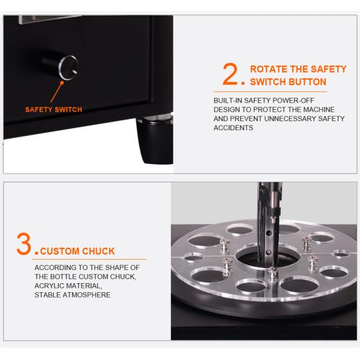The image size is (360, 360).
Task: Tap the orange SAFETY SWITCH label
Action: click(x=53, y=110)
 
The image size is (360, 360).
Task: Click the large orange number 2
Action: click(x=230, y=74)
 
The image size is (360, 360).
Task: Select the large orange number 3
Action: click(x=23, y=244)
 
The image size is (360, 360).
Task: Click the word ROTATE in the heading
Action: click(x=269, y=69)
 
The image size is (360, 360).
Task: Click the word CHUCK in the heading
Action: click(x=98, y=251)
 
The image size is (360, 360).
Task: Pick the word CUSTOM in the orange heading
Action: click(x=60, y=251)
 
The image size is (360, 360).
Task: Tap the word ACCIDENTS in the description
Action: click(x=233, y=128)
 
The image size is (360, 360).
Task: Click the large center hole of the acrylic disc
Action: click(x=268, y=257)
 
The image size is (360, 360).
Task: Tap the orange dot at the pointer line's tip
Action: click(x=62, y=83)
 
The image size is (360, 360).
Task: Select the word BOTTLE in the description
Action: click(x=63, y=277)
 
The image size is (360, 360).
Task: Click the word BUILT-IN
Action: click(x=228, y=100)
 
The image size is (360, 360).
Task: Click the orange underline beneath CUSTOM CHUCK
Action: click(x=89, y=259)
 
